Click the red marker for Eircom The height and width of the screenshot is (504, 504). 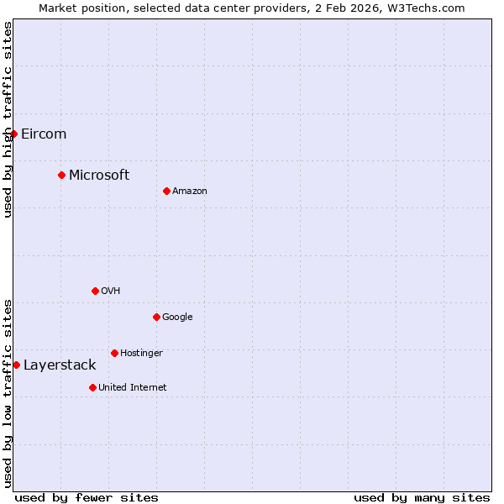coord(13,134)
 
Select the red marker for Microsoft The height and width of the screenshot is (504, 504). coord(61,175)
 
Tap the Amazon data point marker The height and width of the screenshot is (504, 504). coord(166,191)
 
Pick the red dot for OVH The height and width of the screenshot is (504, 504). coord(95,291)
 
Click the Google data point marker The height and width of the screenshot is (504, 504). coord(156,317)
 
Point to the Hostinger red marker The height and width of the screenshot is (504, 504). coord(114,353)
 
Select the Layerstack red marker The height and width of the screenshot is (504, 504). coord(16,365)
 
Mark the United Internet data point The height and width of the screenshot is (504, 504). coord(92,387)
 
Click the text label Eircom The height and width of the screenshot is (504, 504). coord(44,134)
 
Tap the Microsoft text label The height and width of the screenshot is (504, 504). coord(99,175)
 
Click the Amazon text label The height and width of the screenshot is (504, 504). coord(190,191)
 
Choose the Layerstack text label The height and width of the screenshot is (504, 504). coord(60,365)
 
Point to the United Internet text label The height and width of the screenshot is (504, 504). coord(133,387)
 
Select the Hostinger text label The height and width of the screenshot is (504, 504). coord(141,353)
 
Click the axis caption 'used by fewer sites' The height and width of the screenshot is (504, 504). coord(87,497)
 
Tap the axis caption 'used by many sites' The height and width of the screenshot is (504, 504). coord(422,497)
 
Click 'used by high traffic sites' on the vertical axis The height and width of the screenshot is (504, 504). coord(8,119)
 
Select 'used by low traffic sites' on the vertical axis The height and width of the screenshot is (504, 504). coord(8,392)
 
